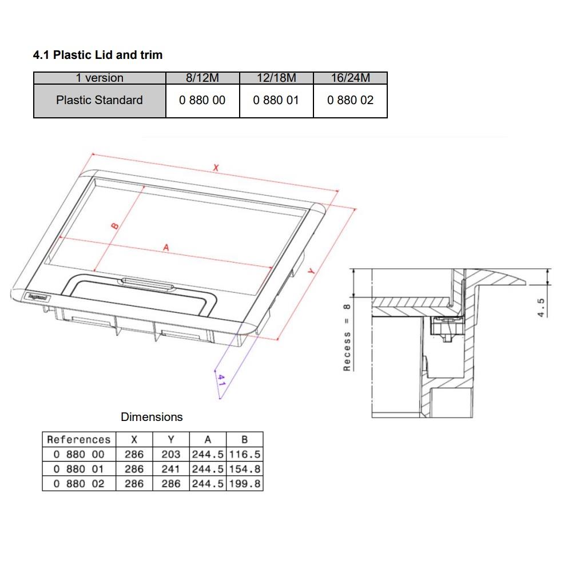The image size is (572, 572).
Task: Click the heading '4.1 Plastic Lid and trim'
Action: coord(98,55)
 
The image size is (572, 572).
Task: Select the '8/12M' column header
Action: coord(202,78)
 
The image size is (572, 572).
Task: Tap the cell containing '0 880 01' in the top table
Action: coord(276,100)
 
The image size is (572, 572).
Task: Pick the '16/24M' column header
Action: coord(350,78)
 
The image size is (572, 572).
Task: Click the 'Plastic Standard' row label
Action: coord(100,100)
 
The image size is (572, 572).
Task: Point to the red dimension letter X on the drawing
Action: coord(216,168)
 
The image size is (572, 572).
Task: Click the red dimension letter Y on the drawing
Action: coord(312,273)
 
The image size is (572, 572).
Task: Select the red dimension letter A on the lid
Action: coord(166,248)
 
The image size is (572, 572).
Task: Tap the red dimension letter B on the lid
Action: coord(114,226)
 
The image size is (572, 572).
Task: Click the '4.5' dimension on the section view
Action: coord(542,306)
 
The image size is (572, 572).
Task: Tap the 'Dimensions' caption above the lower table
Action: coord(152,417)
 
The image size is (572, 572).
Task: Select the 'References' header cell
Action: coord(78,439)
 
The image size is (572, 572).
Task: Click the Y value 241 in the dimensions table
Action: coord(170,468)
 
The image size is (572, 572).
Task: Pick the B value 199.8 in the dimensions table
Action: coord(245,483)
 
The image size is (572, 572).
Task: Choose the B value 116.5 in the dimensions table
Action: coord(245,454)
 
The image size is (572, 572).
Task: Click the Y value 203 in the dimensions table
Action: coord(170,454)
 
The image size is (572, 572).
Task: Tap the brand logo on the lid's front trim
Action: coord(38,296)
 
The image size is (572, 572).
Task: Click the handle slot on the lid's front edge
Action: coord(145,281)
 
